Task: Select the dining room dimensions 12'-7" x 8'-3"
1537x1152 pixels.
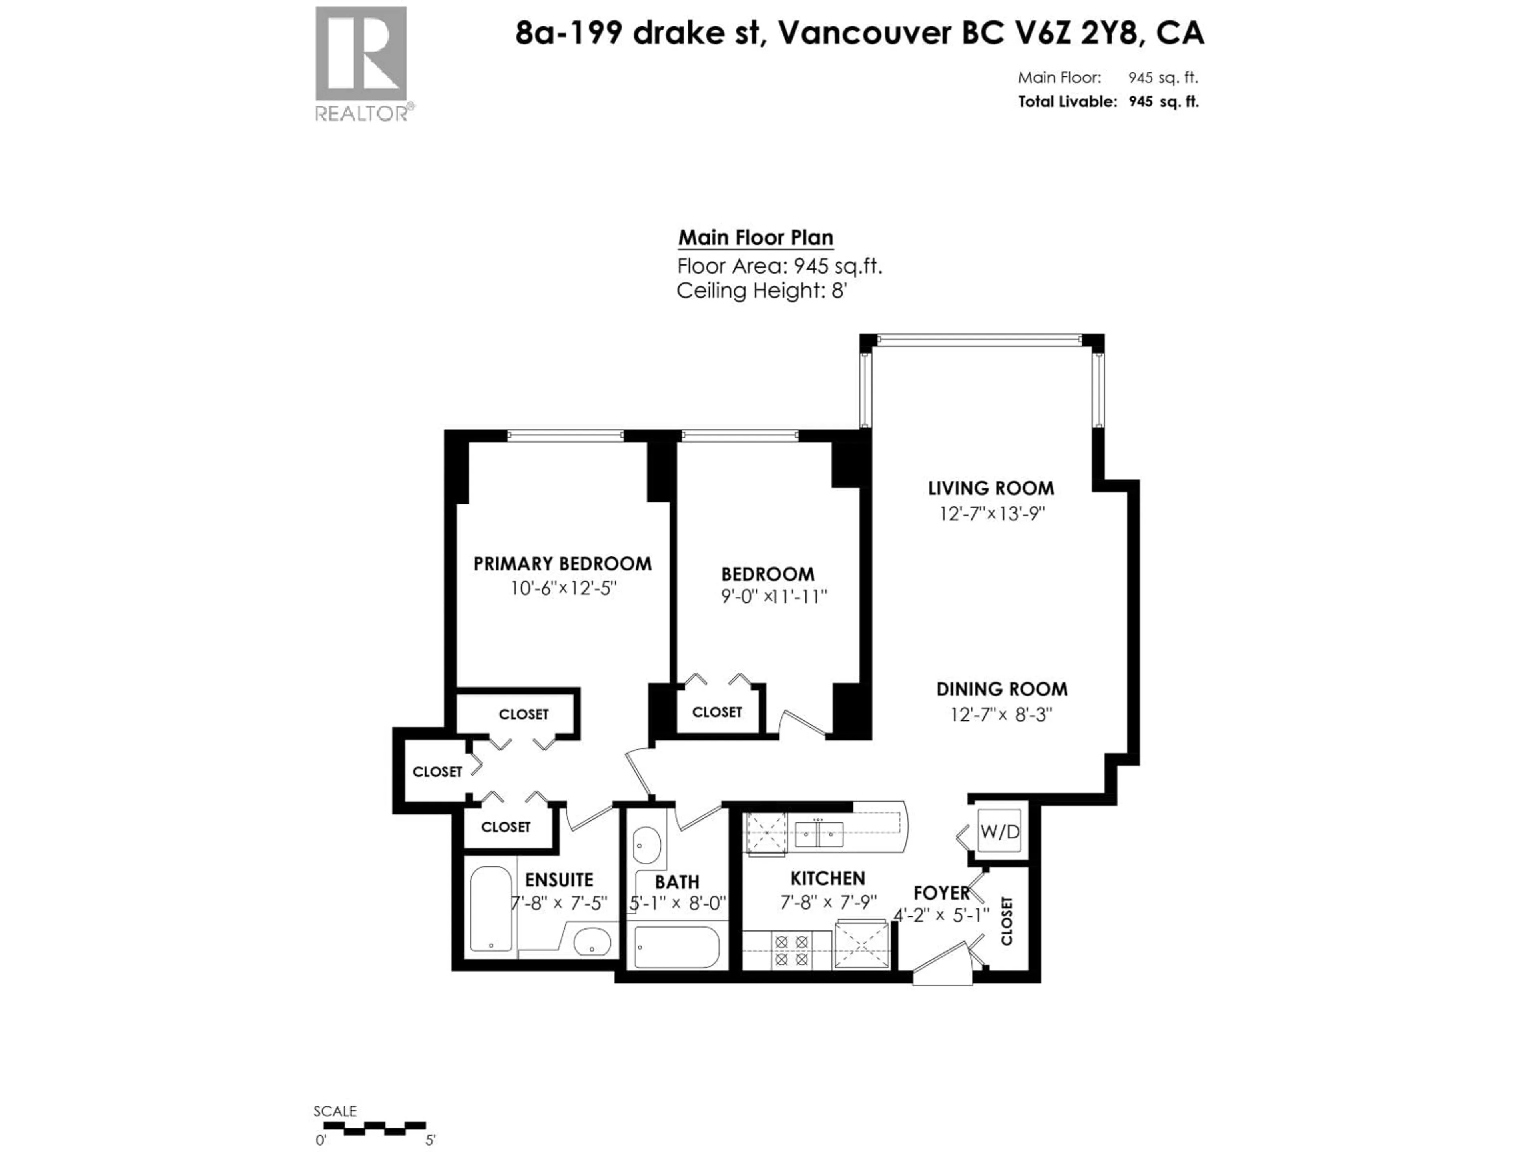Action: tap(1001, 714)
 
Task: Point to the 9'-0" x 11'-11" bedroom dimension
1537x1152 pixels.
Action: tap(773, 596)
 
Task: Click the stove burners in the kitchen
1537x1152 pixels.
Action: tap(791, 951)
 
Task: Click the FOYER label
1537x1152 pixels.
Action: tap(941, 893)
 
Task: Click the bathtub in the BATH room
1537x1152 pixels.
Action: tap(676, 946)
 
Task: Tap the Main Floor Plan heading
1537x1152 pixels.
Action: tap(755, 238)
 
